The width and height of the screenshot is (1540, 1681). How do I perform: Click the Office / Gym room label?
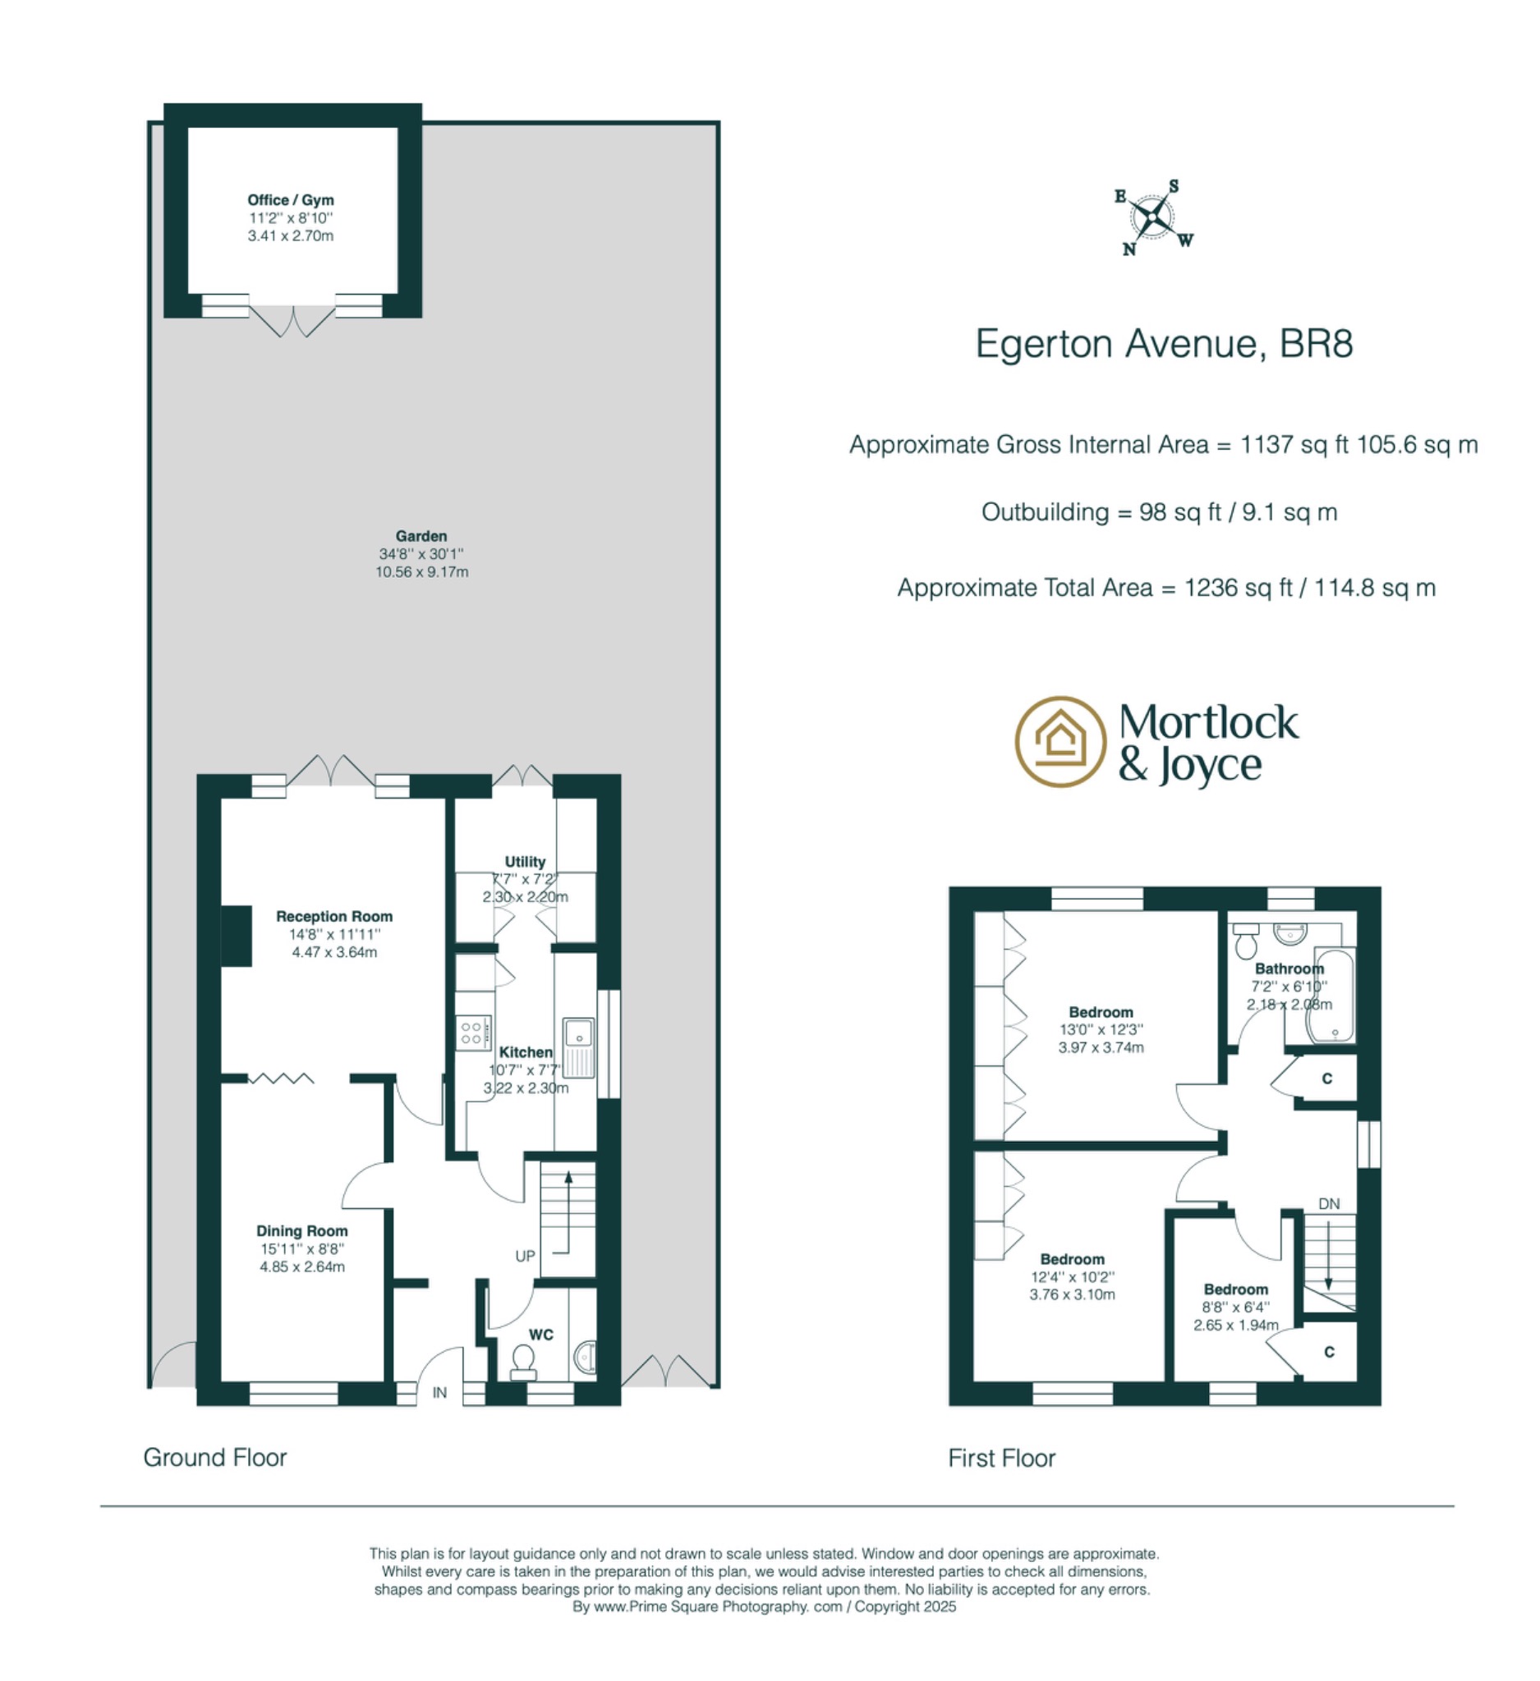coord(290,200)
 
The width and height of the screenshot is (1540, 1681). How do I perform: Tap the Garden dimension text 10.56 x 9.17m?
coord(421,572)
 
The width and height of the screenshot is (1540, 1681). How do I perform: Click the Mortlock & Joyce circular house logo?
coord(1060,741)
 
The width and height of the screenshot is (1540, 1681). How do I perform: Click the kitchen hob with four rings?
coord(472,1033)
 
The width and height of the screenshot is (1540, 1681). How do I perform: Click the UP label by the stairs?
coord(525,1256)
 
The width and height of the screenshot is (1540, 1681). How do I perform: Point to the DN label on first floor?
coord(1329,1204)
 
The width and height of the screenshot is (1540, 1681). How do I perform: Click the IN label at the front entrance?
coord(439,1393)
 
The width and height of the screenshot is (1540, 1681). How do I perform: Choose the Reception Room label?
coord(333,916)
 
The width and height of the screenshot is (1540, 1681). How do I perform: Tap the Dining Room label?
coord(302,1230)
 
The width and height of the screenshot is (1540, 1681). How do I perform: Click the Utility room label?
coord(525,861)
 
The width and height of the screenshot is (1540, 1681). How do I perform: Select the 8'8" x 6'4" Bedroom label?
coord(1235,1290)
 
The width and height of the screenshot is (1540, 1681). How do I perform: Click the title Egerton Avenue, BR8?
coord(1164,344)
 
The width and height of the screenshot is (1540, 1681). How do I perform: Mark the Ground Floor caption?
coord(215,1458)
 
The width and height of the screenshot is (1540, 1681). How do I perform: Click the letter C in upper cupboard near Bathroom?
coord(1327,1079)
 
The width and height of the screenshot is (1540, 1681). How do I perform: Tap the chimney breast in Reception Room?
coord(236,937)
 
